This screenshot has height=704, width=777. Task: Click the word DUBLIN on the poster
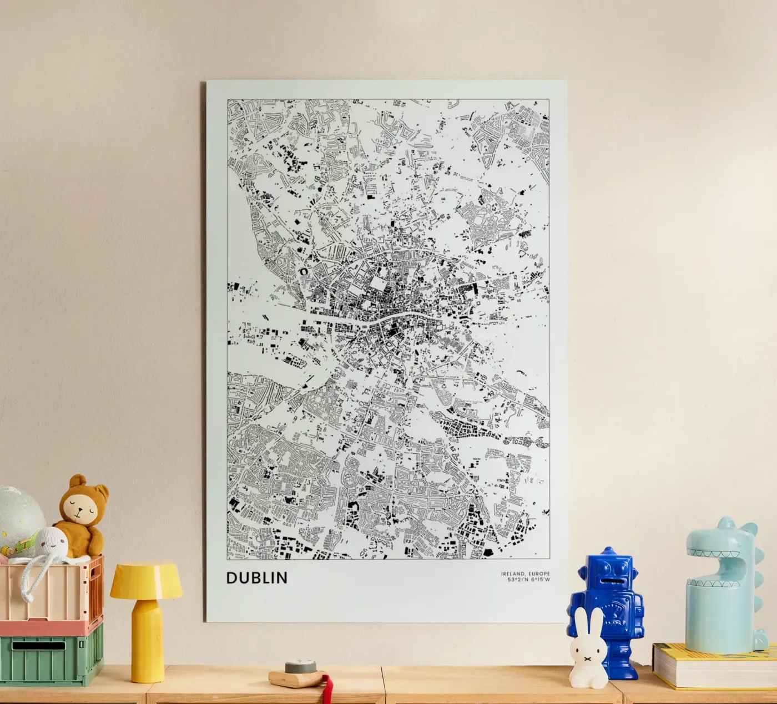pyautogui.click(x=257, y=578)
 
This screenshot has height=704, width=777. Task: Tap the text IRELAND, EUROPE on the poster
pyautogui.click(x=524, y=574)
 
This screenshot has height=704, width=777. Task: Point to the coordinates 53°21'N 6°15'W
pyautogui.click(x=524, y=581)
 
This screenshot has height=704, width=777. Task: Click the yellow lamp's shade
pyautogui.click(x=146, y=581)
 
